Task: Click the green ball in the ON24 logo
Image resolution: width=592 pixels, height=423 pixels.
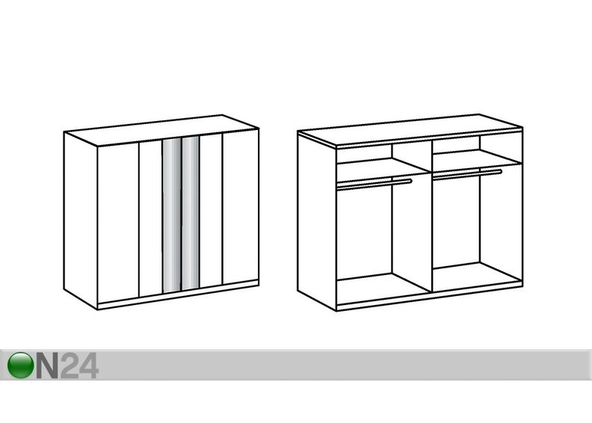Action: pyautogui.click(x=21, y=365)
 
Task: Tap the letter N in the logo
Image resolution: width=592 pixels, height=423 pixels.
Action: pyautogui.click(x=47, y=365)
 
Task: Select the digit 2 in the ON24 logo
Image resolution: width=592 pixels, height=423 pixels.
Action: pyautogui.click(x=70, y=365)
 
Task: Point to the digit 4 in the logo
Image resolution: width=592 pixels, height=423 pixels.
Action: pyautogui.click(x=90, y=365)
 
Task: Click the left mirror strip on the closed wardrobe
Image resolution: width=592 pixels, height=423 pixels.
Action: pyautogui.click(x=172, y=215)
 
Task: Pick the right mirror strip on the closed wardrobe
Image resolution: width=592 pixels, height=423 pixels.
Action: pyautogui.click(x=191, y=213)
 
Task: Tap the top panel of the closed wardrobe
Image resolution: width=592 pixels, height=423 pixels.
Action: pyautogui.click(x=161, y=130)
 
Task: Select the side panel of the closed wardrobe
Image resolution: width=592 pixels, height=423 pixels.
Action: pyautogui.click(x=81, y=220)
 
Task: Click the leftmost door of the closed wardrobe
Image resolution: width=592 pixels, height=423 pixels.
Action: pyautogui.click(x=118, y=222)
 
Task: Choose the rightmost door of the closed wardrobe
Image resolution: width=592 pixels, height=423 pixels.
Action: pyautogui.click(x=241, y=207)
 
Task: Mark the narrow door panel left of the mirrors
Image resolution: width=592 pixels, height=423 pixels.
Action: pyautogui.click(x=151, y=218)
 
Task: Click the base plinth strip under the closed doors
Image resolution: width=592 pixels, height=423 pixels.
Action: pyautogui.click(x=178, y=294)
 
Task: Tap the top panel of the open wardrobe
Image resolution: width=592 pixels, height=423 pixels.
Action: pyautogui.click(x=410, y=130)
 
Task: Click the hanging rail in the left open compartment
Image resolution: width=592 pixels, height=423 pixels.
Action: pyautogui.click(x=374, y=183)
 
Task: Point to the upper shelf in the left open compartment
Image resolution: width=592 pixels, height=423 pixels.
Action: pyautogui.click(x=383, y=166)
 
